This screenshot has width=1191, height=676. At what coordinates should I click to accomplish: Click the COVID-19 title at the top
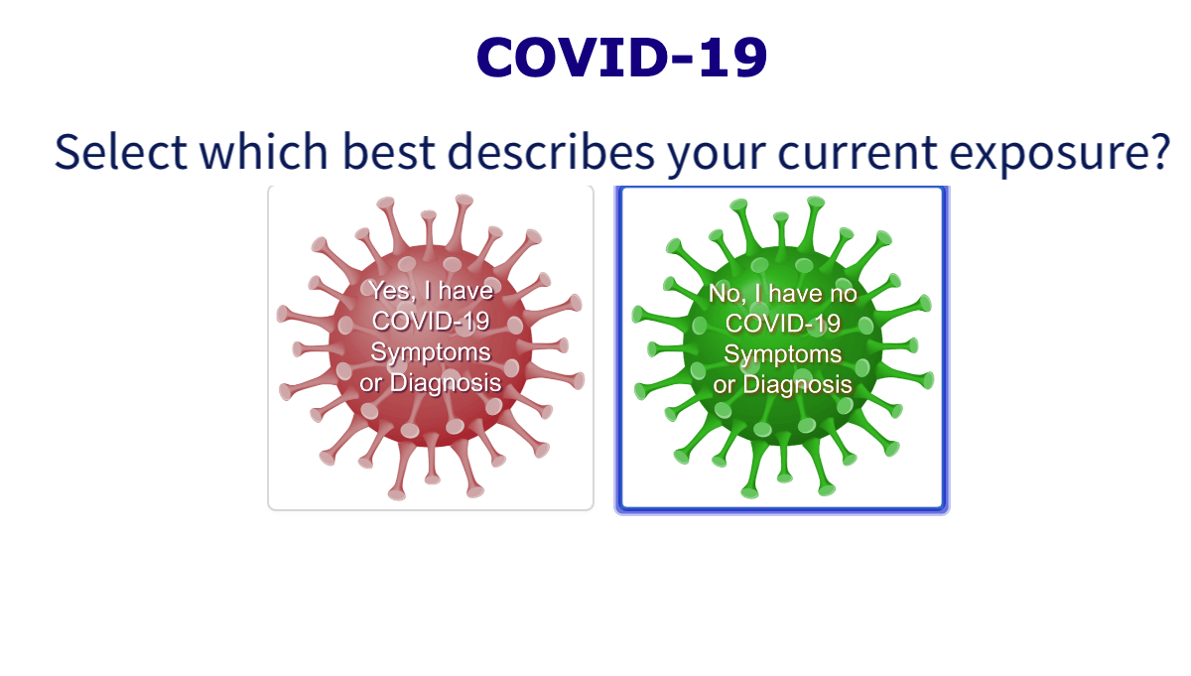coord(622,58)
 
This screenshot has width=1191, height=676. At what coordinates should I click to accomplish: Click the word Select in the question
coord(120,151)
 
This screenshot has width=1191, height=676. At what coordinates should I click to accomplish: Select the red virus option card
coord(430,347)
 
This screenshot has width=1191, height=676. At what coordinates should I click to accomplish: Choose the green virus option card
coord(781,349)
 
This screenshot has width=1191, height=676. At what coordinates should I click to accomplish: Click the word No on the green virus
coord(727,294)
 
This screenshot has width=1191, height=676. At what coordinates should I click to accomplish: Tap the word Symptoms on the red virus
coord(430,351)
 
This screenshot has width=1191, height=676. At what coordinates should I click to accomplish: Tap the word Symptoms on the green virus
coord(783,354)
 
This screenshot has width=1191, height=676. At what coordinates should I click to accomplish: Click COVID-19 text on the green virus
coord(783,324)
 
